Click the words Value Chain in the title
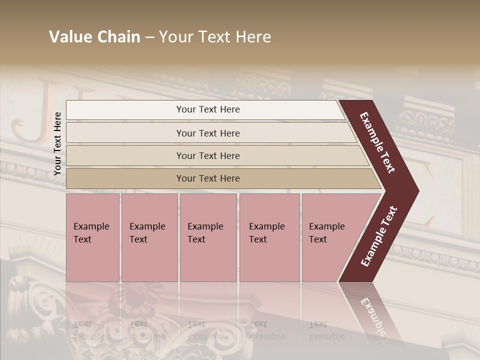94,37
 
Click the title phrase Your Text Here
215,37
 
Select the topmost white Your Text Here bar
208,109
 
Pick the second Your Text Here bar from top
208,133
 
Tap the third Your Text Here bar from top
208,155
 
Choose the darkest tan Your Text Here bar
208,178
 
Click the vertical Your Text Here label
57,143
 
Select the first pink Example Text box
92,237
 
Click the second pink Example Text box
149,237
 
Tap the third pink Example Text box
208,237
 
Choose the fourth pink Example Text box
269,237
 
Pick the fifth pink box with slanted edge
330,237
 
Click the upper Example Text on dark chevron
377,142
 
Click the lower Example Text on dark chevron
379,236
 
